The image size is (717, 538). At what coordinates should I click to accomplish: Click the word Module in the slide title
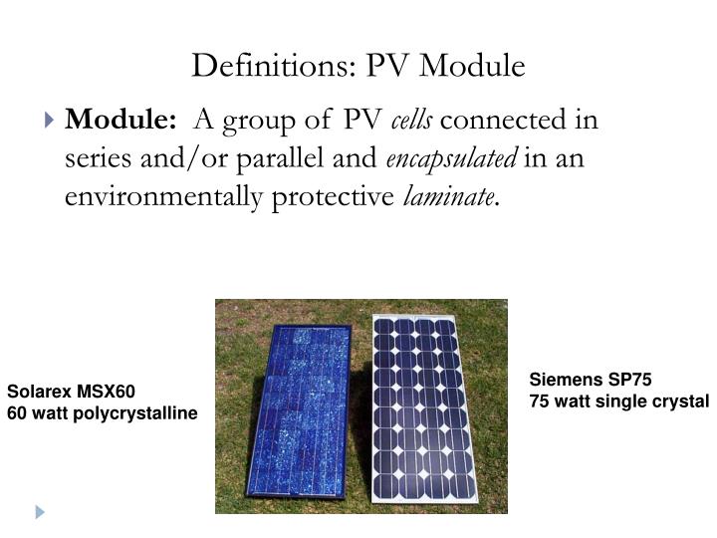pos(474,66)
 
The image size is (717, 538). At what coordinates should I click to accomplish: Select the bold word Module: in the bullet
pos(121,122)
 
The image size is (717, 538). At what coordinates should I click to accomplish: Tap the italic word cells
pos(411,122)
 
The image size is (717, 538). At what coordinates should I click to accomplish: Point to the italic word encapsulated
pos(453,159)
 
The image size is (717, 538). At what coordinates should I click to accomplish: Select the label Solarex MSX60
pos(71,392)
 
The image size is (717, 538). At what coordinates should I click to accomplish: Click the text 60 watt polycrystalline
pos(103,412)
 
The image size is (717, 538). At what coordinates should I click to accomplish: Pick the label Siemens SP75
pos(591,380)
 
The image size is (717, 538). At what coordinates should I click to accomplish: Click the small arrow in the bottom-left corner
pos(40,512)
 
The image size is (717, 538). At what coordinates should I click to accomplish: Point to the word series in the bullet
pos(93,159)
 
